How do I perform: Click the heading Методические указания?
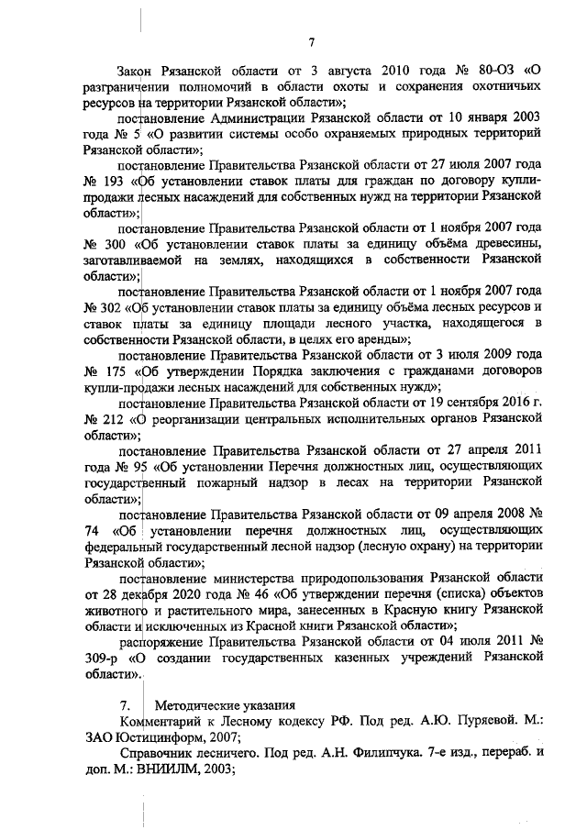(x=225, y=705)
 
